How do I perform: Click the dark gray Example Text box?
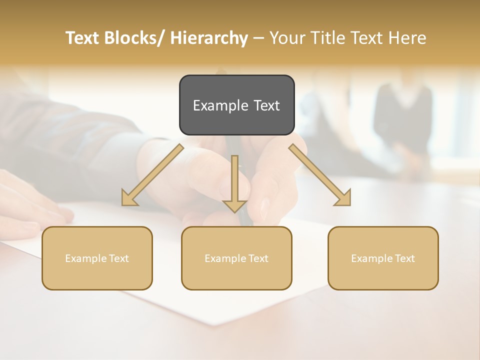coord(236,105)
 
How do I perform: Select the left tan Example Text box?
coord(97,258)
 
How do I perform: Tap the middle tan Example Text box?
coord(236,258)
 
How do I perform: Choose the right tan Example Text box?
coord(383,258)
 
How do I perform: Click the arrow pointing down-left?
coord(152,175)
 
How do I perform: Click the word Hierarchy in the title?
coord(209,38)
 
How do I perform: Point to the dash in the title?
coord(258,38)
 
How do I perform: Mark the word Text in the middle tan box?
coord(258,258)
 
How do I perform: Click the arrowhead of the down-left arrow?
coord(129,199)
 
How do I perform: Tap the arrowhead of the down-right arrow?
coord(343,199)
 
